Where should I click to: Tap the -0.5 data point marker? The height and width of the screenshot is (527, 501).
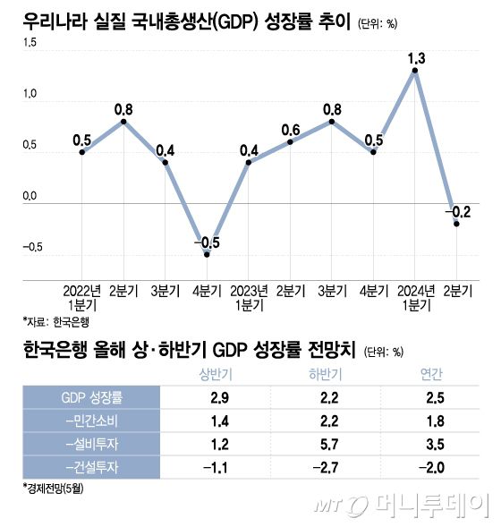208,255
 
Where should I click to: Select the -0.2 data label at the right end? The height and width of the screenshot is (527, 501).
459,212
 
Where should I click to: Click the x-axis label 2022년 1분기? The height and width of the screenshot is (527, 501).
82,297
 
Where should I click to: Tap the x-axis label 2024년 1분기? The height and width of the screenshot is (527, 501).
416,297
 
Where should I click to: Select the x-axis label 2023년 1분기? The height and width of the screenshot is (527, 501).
250,297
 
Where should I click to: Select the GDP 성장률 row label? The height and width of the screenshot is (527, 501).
92,396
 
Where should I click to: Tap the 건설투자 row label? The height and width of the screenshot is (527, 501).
92,466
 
